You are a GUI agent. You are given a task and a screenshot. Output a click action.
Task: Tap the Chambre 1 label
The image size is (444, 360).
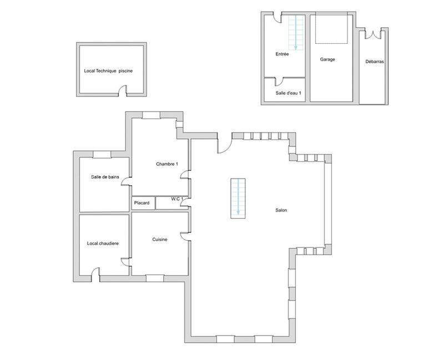[x=167, y=164]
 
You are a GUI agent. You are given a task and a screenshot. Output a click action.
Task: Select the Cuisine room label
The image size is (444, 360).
[x=160, y=239]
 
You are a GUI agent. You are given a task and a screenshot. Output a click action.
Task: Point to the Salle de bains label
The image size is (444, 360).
[x=105, y=177]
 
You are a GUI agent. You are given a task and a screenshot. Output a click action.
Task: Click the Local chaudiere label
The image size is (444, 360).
[x=103, y=244]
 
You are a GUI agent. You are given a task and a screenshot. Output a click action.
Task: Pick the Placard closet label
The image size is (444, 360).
[x=142, y=203]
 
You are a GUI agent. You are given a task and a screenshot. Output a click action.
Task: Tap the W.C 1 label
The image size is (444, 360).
[x=176, y=199]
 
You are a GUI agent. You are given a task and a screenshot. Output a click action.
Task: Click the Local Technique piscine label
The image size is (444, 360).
[x=108, y=71]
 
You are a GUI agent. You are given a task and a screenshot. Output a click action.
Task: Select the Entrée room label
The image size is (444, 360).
[x=282, y=54]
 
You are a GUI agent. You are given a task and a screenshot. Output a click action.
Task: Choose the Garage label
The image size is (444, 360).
[x=327, y=59]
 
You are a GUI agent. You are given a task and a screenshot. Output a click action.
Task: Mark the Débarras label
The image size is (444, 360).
[x=375, y=62]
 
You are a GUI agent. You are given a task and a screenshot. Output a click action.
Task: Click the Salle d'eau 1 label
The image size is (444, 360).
[x=288, y=93]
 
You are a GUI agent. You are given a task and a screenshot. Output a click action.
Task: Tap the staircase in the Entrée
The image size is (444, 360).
[x=296, y=32]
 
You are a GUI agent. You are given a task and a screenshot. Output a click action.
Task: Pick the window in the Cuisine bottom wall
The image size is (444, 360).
[x=154, y=278]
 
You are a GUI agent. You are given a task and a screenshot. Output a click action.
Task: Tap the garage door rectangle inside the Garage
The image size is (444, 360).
[x=332, y=29]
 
